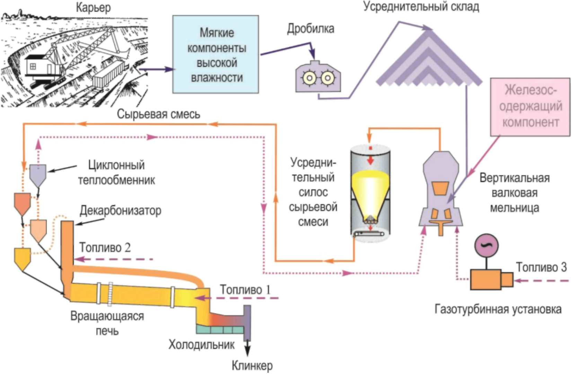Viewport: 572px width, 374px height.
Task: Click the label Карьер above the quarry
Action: (x=94, y=8)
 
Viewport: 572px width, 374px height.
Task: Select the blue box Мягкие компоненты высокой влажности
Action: (x=215, y=54)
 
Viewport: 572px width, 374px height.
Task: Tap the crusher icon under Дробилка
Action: (x=318, y=76)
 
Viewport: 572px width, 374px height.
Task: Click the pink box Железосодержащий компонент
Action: (x=530, y=107)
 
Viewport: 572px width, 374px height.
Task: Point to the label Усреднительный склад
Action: (x=421, y=7)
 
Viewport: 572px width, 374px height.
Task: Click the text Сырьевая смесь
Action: (x=159, y=114)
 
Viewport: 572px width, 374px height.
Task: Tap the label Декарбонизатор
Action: (x=121, y=211)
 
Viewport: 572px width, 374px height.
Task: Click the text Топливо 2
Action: (x=105, y=247)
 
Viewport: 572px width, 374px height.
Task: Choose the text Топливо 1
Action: (x=245, y=290)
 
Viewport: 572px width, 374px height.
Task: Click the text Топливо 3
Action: (x=542, y=267)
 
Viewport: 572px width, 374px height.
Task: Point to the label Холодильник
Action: (x=202, y=345)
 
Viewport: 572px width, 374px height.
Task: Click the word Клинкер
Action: (x=252, y=366)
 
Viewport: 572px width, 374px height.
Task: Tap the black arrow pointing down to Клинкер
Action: (x=247, y=348)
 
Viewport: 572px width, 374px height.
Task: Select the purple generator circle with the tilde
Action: (x=486, y=245)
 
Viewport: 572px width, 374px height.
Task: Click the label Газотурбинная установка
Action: (x=498, y=310)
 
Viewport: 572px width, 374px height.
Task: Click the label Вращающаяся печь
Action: (x=107, y=323)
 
